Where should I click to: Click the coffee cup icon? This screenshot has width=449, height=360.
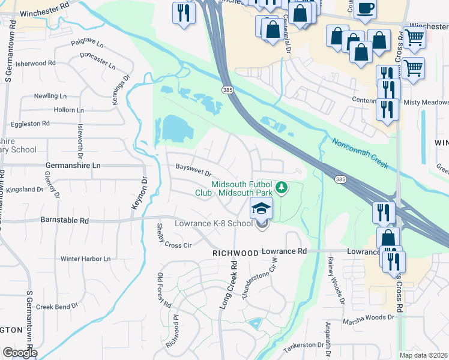coord(365,8)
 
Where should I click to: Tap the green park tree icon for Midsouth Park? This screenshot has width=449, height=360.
coord(281,189)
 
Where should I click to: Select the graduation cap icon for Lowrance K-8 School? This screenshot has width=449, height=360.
coord(261,209)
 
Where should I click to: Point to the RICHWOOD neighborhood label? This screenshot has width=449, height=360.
coord(236,254)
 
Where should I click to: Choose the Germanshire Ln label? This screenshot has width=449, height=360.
coord(74,165)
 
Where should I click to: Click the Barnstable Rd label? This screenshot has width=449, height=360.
coord(64,220)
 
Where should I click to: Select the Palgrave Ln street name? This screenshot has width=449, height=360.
coord(86,43)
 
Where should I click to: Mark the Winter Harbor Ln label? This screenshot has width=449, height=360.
coord(86,259)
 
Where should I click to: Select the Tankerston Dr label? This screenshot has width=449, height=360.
coord(303,345)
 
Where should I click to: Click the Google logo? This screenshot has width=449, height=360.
coord(20,353)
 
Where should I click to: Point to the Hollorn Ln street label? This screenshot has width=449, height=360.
coord(68,110)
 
